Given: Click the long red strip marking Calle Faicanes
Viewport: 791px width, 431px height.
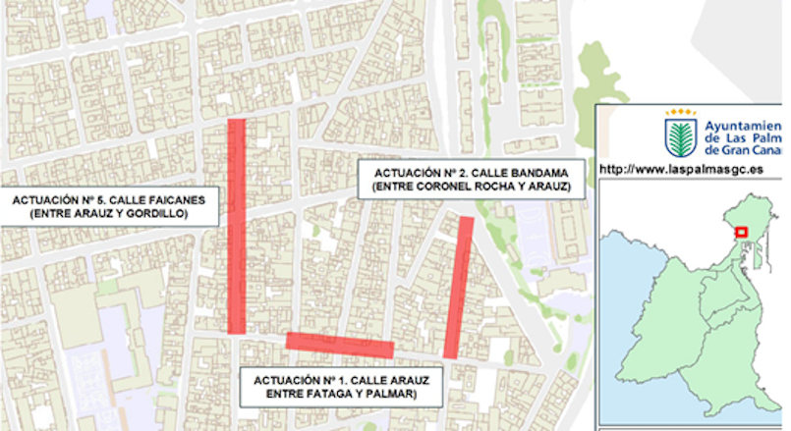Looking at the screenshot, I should [236, 226].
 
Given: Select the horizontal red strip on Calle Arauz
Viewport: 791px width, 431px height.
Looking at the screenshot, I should [340, 345].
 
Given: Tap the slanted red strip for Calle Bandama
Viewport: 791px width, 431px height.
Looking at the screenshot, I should [459, 287].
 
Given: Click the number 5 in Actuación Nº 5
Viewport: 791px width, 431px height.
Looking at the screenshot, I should [98, 199].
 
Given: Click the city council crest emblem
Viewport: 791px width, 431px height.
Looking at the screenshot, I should [680, 135].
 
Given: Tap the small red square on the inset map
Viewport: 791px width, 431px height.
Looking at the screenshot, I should [742, 233].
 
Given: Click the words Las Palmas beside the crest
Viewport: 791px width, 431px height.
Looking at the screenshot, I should [747, 138].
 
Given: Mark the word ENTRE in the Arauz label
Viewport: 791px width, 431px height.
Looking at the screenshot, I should [286, 395].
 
